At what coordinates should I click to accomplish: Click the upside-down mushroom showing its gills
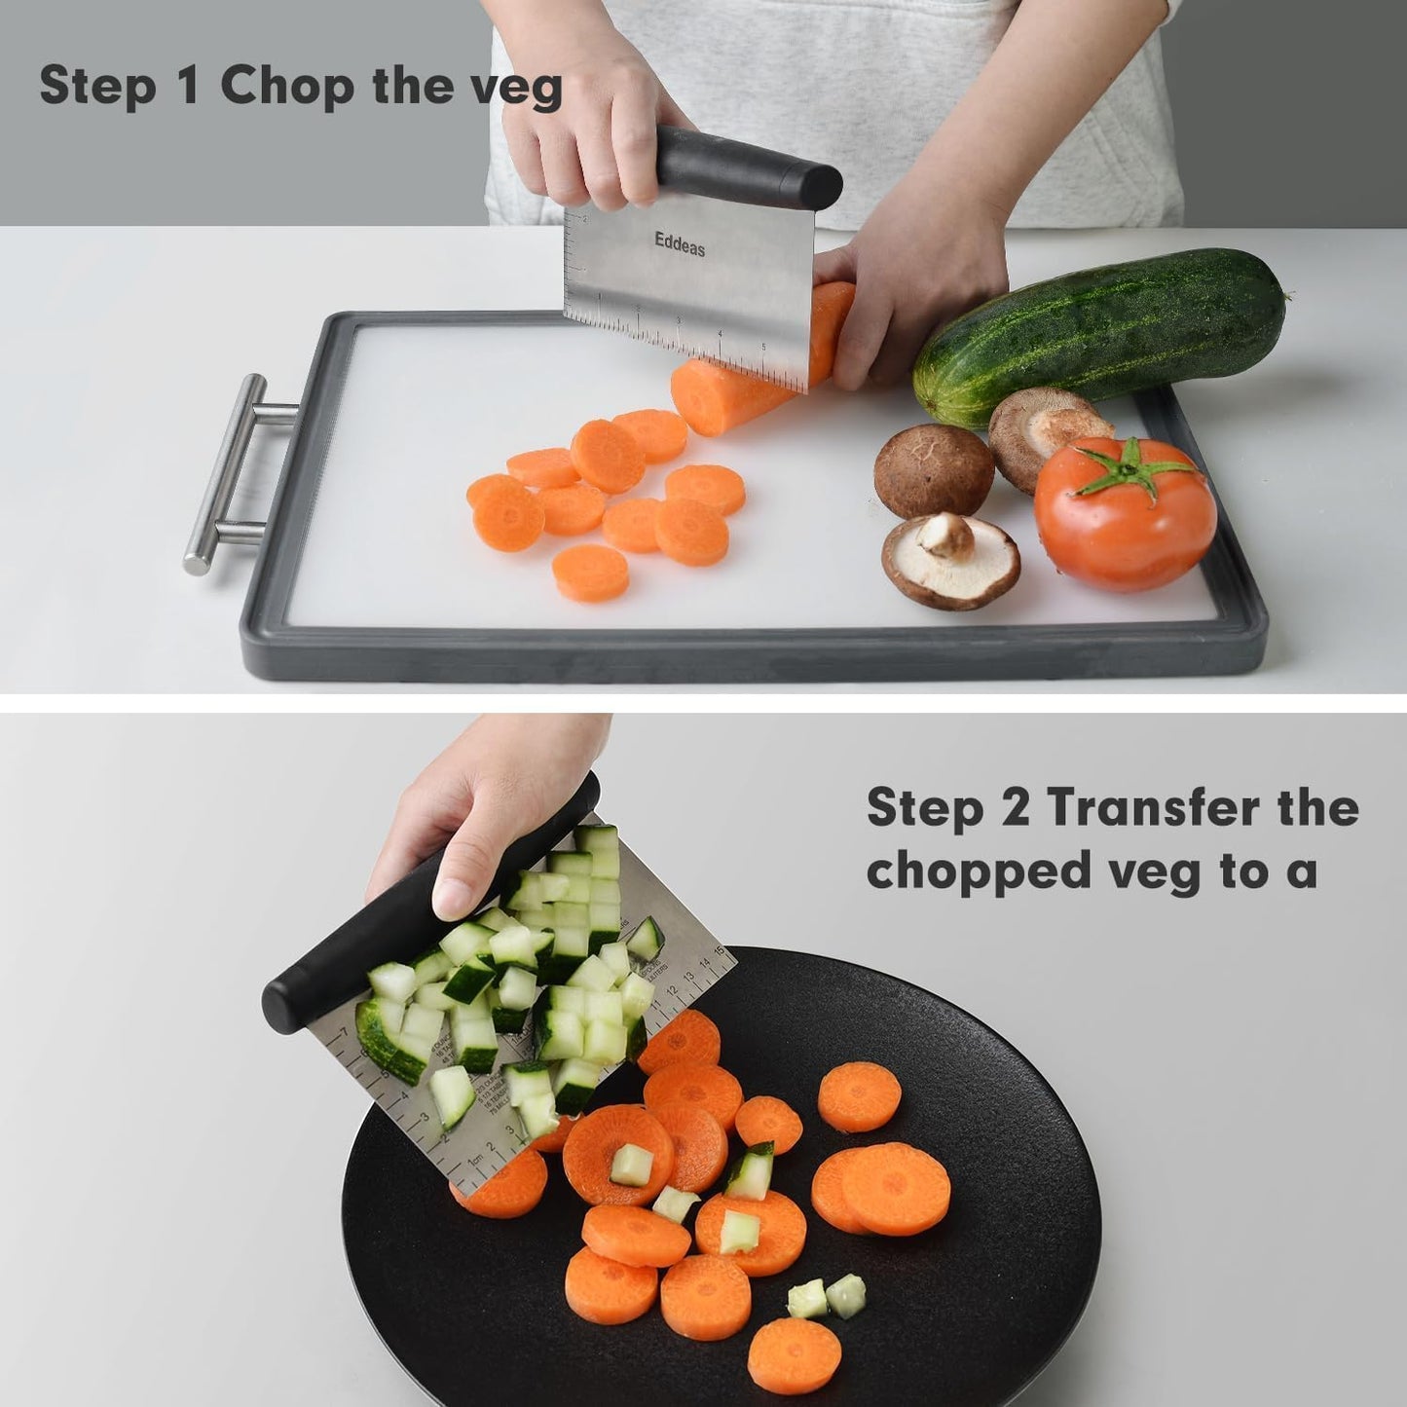coord(949,560)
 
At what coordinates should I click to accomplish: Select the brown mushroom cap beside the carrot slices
coord(933,470)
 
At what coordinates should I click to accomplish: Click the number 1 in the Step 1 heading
coord(188,88)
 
